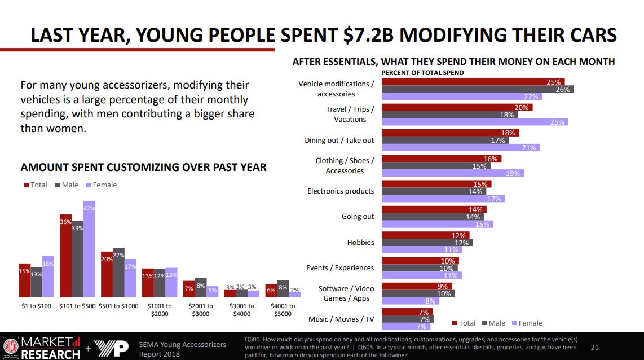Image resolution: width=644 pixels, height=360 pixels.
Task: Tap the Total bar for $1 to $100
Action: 25,280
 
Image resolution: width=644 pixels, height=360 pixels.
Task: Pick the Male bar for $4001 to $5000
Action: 283,288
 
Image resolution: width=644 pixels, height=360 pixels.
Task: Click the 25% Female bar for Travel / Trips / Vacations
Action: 475,122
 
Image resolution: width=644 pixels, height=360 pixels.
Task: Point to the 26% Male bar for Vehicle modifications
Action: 478,89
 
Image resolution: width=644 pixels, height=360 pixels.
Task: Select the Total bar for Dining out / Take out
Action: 450,133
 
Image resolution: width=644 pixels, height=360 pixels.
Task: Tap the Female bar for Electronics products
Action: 443,199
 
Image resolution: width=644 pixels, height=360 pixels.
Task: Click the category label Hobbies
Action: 360,242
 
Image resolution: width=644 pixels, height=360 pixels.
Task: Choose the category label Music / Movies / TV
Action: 341,319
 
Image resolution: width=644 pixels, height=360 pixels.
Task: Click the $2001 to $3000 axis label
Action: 201,310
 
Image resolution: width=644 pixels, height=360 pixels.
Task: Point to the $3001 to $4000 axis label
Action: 242,310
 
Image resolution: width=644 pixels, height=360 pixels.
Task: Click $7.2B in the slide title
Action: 365,35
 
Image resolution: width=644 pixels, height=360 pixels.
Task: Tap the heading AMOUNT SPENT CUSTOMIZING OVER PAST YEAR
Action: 143,168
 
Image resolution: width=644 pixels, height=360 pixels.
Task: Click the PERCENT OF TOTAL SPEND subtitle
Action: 422,73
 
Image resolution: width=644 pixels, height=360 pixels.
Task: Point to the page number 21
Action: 594,347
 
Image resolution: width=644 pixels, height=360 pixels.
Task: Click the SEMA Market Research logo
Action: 42,347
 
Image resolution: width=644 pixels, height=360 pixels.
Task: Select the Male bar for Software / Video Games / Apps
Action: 418,293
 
